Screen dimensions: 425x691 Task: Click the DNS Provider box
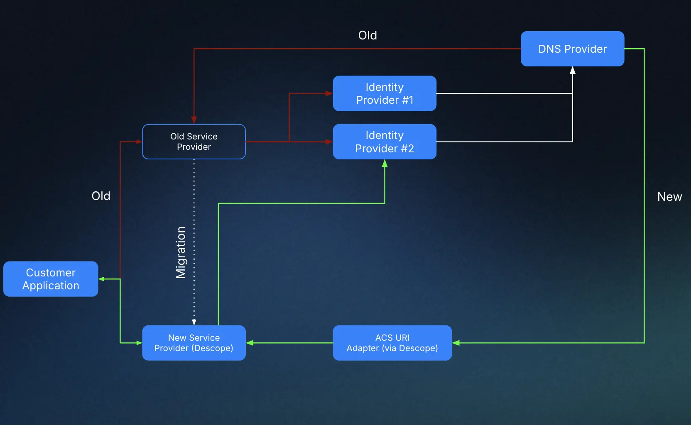coord(572,49)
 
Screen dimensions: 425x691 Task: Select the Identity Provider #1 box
coord(385,93)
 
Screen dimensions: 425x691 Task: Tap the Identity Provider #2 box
coord(385,142)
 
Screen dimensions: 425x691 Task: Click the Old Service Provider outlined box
coord(194,142)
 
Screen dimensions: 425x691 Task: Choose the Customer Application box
coord(51,279)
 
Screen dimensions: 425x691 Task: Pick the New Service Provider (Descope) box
coord(194,343)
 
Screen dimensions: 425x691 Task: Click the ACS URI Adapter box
coord(392,343)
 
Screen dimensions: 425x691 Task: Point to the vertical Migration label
coord(181,252)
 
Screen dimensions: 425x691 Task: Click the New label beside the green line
coord(669,197)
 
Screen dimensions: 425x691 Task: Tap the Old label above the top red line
coord(368,35)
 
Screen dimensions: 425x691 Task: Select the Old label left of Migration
coord(101,196)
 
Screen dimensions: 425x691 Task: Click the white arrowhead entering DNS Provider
coord(573,70)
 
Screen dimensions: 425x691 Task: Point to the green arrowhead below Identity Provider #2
coord(385,164)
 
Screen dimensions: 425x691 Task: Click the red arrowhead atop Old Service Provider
coord(194,120)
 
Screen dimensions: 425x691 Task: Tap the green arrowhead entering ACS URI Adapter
coord(456,343)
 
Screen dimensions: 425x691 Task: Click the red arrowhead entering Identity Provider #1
coord(329,93)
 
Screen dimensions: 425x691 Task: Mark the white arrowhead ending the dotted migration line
coord(194,322)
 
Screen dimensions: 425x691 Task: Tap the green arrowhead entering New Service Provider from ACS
coord(250,343)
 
